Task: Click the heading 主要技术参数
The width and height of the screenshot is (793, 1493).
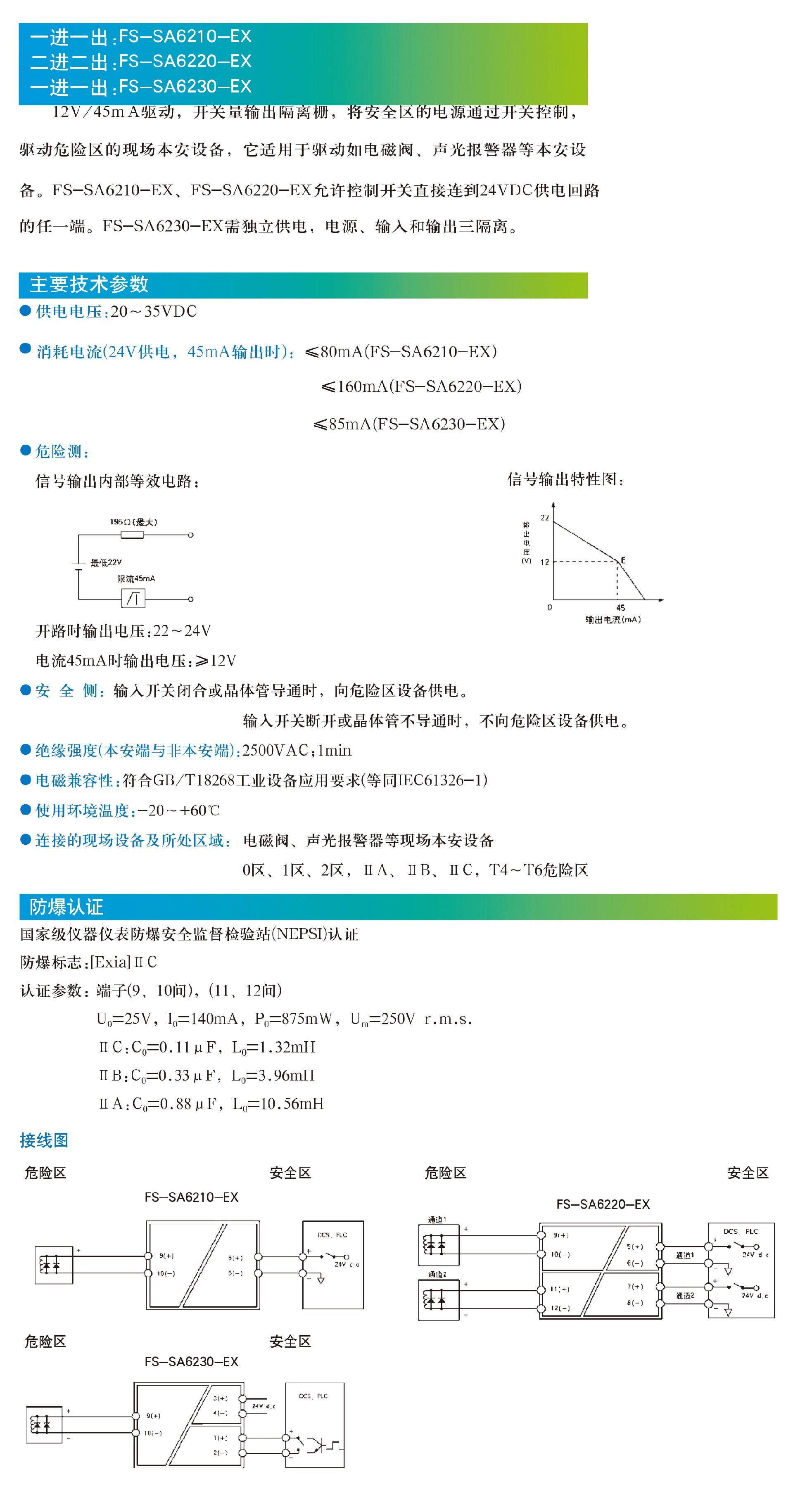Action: click(x=89, y=284)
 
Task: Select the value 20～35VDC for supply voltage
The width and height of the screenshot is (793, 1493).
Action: click(x=154, y=312)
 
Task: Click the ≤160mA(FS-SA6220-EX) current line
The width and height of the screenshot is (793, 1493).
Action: click(x=421, y=386)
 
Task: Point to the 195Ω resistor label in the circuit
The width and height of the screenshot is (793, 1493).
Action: click(x=133, y=522)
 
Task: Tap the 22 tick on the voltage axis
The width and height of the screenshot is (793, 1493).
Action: click(x=544, y=518)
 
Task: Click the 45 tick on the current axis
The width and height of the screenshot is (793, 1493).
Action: click(x=620, y=607)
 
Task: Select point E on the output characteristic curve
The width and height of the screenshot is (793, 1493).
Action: click(x=622, y=560)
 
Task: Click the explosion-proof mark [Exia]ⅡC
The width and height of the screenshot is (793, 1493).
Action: click(x=123, y=962)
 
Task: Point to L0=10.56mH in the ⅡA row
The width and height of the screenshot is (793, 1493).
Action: click(x=278, y=1104)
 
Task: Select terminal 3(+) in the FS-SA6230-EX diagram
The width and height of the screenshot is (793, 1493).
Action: click(x=220, y=1398)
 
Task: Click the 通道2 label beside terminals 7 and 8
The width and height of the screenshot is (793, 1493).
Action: click(x=685, y=1295)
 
